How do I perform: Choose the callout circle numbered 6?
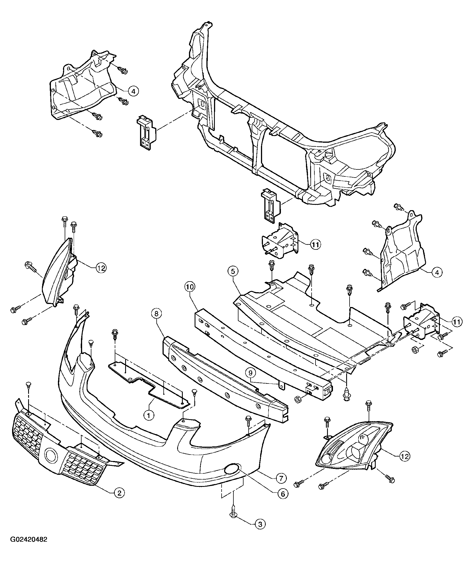point(283,494)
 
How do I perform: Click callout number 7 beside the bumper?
point(281,478)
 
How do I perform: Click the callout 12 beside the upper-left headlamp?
point(101,268)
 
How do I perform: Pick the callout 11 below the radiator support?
point(316,245)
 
